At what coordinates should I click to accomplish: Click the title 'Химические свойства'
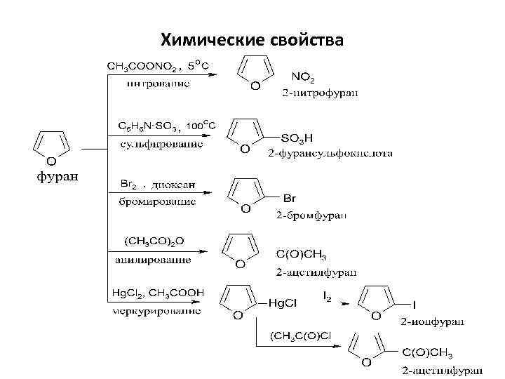coord(252,40)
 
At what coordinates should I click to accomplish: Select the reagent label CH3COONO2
coord(143,67)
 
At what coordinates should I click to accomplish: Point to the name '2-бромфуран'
coord(311,213)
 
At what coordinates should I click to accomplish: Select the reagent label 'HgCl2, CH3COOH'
coord(159,292)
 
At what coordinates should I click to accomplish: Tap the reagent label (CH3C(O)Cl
coord(301,337)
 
